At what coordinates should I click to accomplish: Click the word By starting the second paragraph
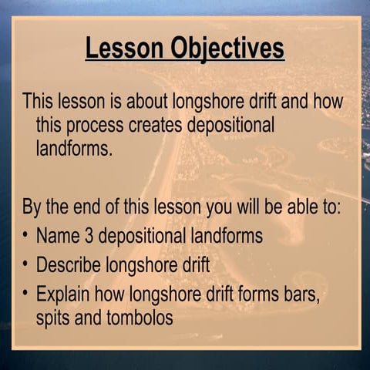point(32,208)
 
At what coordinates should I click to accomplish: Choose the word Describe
point(72,265)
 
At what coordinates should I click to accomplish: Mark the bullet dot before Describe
point(25,265)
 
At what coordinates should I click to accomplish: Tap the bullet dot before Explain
point(25,294)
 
